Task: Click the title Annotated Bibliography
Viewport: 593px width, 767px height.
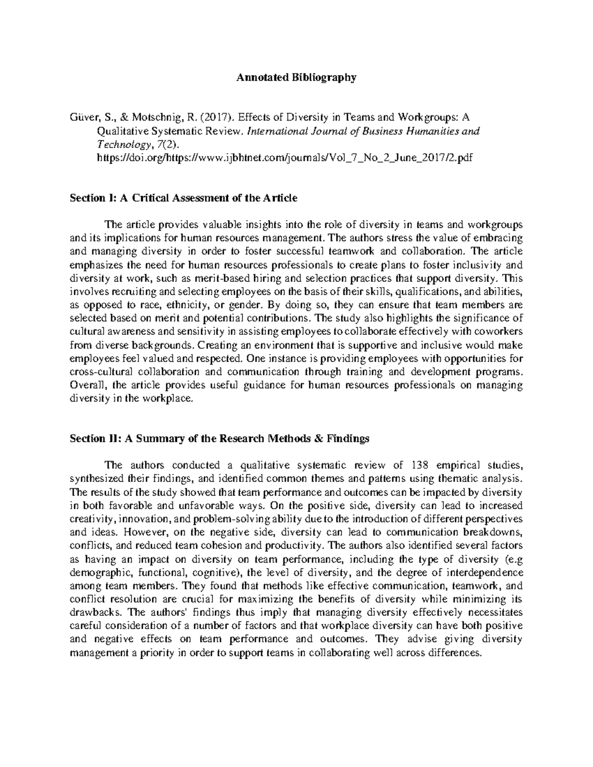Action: [x=296, y=78]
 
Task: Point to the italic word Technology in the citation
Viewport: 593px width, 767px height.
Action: [x=122, y=144]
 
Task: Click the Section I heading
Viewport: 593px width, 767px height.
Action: [x=183, y=198]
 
